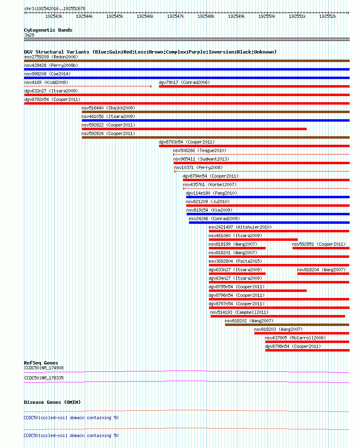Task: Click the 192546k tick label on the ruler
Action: [x=145, y=16]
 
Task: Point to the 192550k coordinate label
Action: [x=267, y=16]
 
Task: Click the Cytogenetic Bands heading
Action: [x=48, y=30]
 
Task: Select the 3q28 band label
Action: [x=29, y=35]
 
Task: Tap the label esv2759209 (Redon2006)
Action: [x=51, y=57]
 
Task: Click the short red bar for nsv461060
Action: [x=253, y=240]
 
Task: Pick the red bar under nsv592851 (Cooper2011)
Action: [x=320, y=248]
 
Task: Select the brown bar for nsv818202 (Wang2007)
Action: [x=287, y=325]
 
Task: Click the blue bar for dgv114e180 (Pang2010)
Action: [x=268, y=197]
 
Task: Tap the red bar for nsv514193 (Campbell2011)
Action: [x=277, y=316]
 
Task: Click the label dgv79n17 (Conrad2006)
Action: [x=184, y=82]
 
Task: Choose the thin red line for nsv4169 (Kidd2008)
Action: [x=88, y=86]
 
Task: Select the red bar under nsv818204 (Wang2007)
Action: [x=323, y=274]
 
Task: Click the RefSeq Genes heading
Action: [x=41, y=363]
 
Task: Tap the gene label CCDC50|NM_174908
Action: [x=44, y=368]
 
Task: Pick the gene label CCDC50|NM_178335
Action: [x=44, y=378]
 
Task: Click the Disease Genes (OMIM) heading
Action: [x=52, y=402]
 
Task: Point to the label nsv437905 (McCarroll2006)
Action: [x=295, y=338]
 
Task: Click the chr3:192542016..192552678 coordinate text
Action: [x=55, y=9]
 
